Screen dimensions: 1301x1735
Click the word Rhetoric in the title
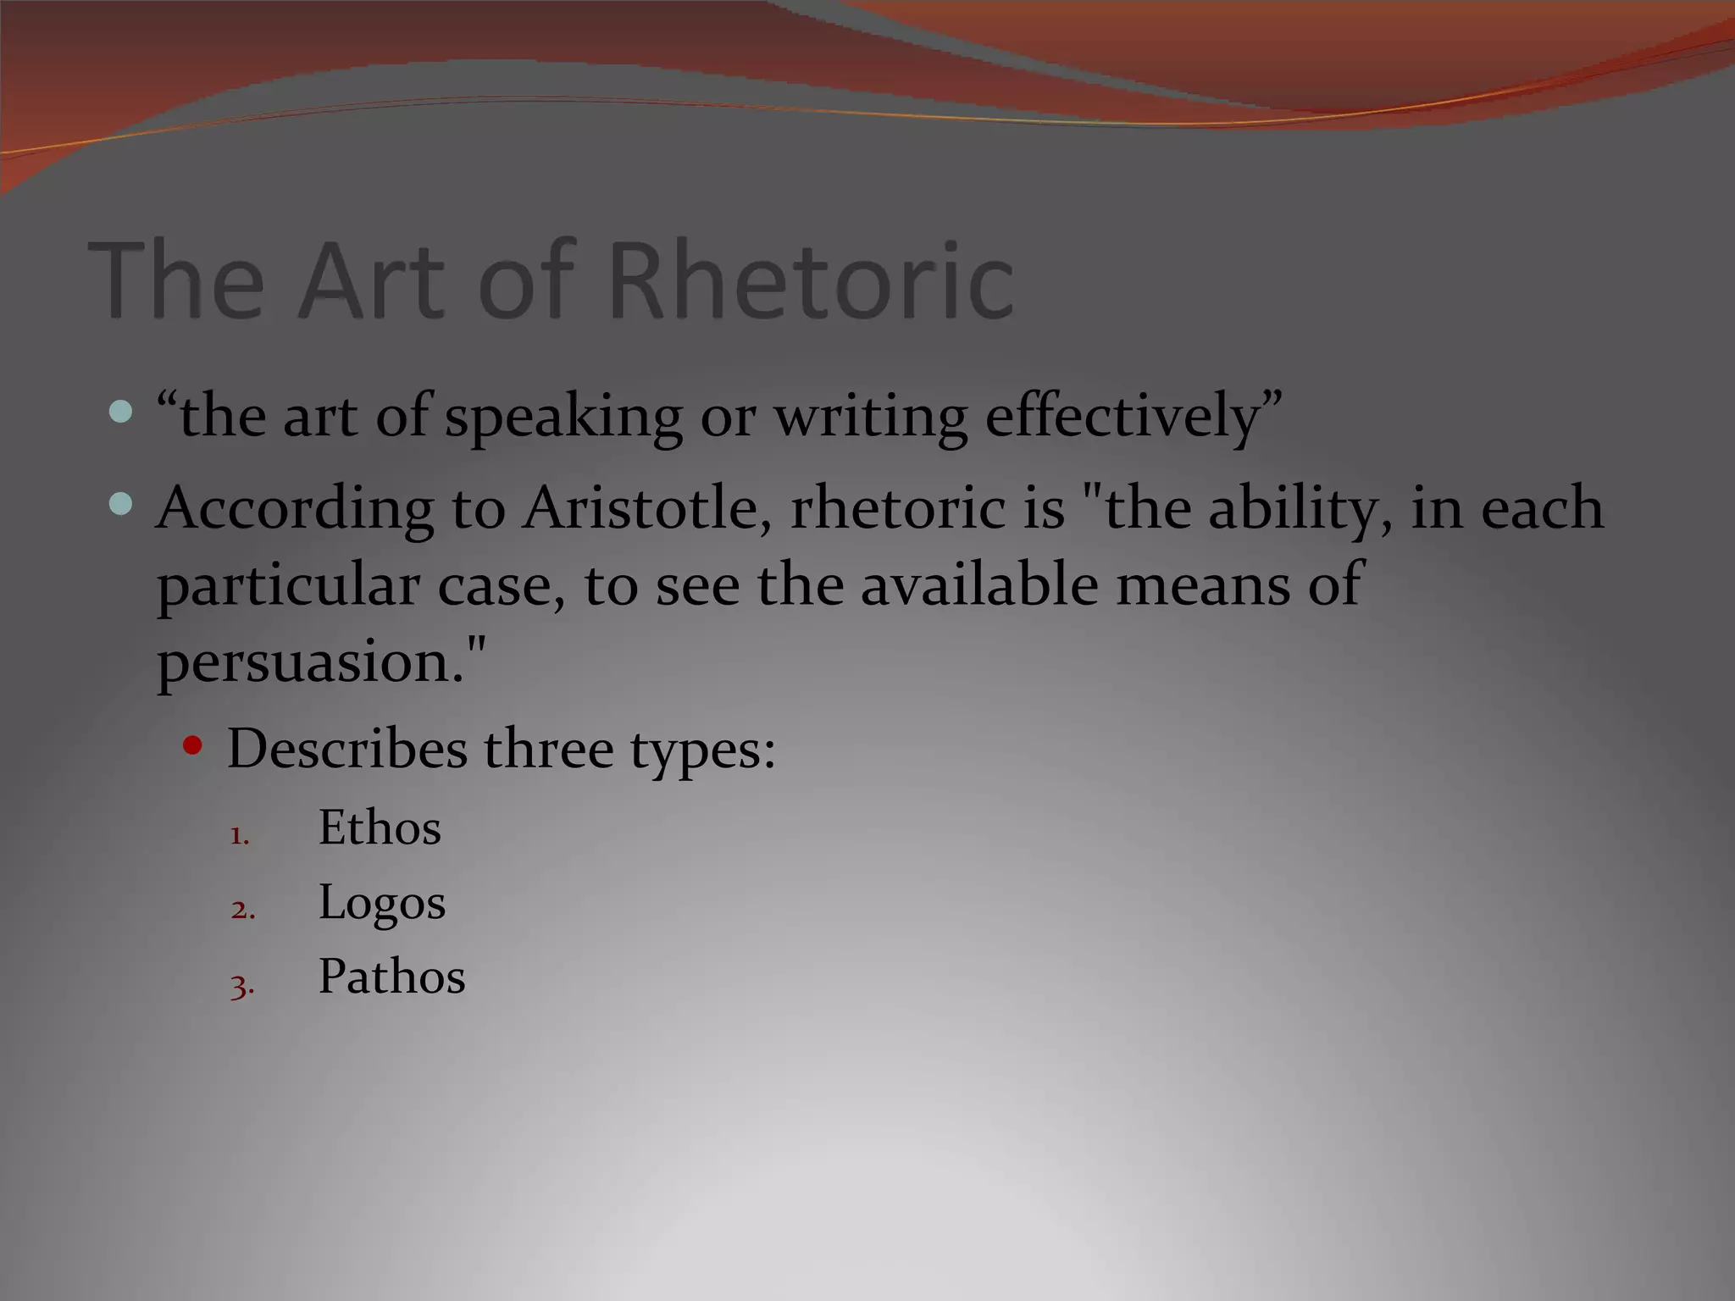812,280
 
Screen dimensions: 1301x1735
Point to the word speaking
563,417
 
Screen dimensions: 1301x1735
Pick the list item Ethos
380,828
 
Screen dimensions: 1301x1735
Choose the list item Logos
381,902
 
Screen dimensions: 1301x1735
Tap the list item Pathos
391,977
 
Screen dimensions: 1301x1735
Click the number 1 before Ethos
240,835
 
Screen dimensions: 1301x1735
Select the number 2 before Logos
242,910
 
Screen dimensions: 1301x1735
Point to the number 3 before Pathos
242,985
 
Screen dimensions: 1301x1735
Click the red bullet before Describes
193,746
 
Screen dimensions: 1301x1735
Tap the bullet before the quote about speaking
121,412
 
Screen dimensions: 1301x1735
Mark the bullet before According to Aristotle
121,505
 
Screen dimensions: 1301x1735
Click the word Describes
346,749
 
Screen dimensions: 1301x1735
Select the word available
978,584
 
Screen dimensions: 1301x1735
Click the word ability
1300,508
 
